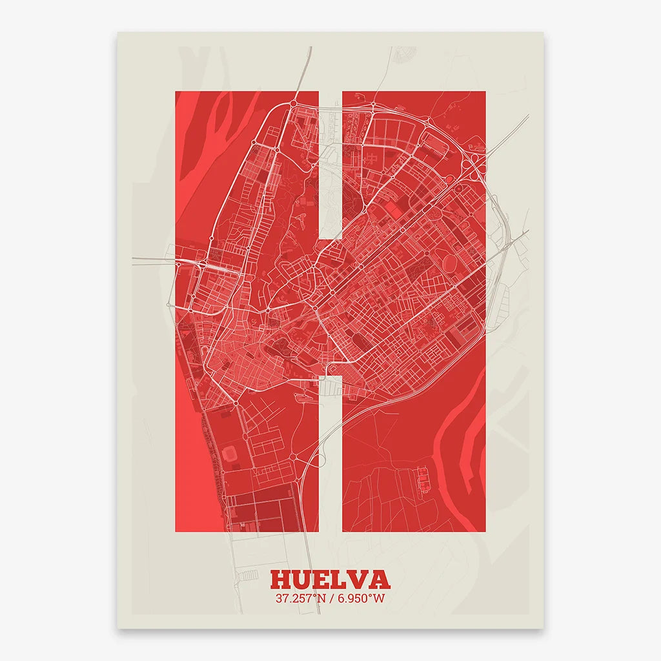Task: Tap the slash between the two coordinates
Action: tap(331, 598)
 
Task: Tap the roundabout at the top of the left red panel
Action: tap(293, 103)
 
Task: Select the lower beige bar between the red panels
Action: tap(330, 452)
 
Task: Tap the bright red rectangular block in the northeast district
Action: tap(393, 210)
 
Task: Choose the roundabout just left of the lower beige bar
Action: tap(293, 456)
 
